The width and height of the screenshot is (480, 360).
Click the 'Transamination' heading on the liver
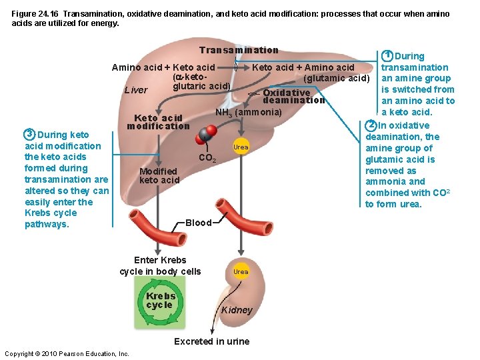[x=238, y=51]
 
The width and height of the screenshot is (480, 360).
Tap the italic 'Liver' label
[x=137, y=90]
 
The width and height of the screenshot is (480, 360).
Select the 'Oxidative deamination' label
[x=293, y=97]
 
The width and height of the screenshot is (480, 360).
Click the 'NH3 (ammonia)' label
[x=248, y=113]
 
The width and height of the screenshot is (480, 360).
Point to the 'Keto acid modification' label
[x=158, y=122]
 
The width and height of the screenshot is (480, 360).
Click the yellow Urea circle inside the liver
[x=241, y=147]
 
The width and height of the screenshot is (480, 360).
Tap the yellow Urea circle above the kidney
[x=241, y=271]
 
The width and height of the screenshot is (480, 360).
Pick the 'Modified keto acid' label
[x=159, y=176]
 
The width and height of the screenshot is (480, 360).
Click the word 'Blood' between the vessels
[x=198, y=223]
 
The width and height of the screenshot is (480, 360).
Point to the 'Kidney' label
[x=237, y=310]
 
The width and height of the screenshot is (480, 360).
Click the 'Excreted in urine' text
[x=211, y=341]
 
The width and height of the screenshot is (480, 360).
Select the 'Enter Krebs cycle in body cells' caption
[x=160, y=265]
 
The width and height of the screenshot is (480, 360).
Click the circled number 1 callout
[x=387, y=56]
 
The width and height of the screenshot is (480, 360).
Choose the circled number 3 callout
[x=29, y=133]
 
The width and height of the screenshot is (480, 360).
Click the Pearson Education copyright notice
[x=67, y=353]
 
